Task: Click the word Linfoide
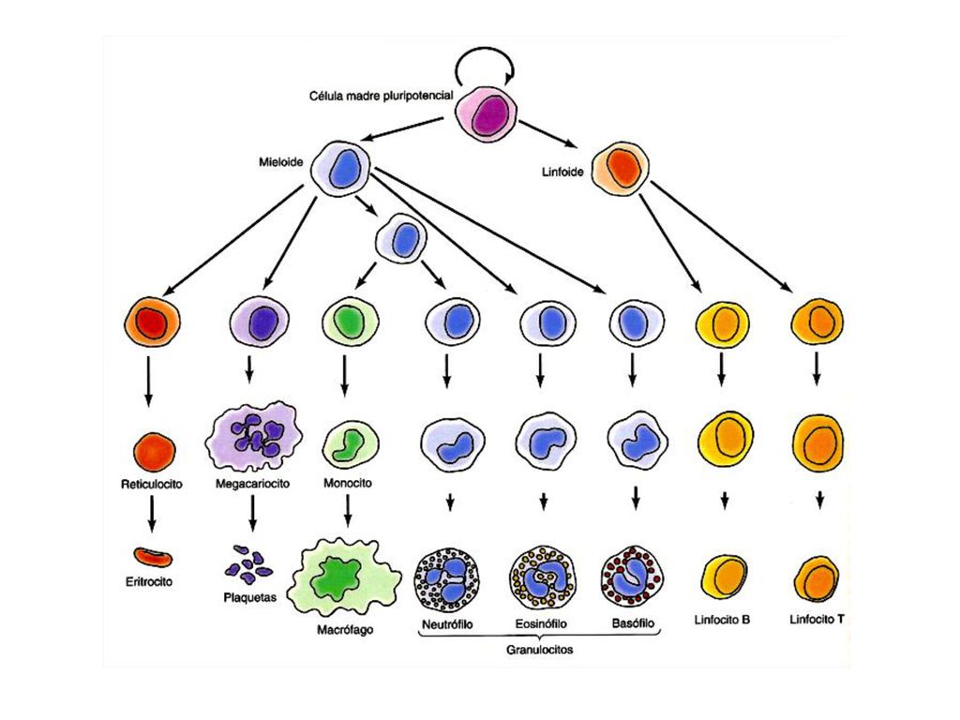(562, 172)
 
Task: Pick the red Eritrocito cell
(153, 557)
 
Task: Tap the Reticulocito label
(152, 485)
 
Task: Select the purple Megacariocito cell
(253, 436)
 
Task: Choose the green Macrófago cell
(345, 577)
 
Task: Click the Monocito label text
(348, 483)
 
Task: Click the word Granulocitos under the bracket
(539, 650)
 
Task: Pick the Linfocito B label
(723, 620)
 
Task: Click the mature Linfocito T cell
(817, 579)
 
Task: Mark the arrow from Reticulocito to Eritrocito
(152, 513)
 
